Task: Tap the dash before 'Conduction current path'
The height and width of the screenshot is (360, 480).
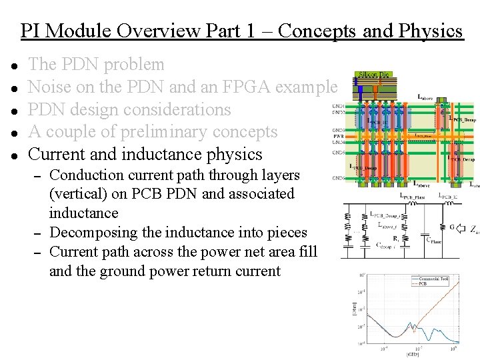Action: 39,176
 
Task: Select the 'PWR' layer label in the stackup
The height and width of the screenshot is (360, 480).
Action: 337,136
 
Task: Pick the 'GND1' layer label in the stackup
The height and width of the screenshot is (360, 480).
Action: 337,105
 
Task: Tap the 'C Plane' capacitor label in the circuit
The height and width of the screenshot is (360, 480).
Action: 434,241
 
